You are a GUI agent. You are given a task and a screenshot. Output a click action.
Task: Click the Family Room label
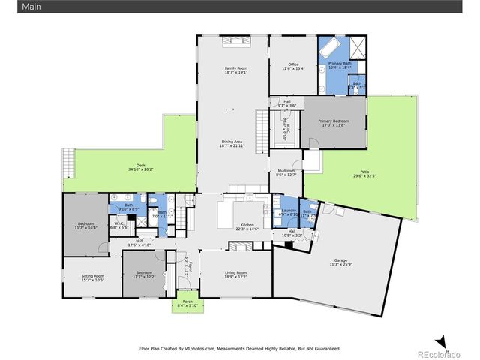(x=235, y=68)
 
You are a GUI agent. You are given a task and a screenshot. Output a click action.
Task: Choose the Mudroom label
(x=286, y=172)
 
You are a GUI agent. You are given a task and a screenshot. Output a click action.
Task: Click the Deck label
(x=140, y=166)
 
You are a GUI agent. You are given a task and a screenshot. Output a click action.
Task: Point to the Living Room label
(x=235, y=272)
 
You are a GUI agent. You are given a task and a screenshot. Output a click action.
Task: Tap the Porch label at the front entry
(x=184, y=301)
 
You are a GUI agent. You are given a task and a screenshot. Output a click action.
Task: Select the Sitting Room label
(x=93, y=276)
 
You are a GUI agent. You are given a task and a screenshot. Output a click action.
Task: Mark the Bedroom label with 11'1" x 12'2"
(x=145, y=273)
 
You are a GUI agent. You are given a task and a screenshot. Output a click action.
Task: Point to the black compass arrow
(x=442, y=340)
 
